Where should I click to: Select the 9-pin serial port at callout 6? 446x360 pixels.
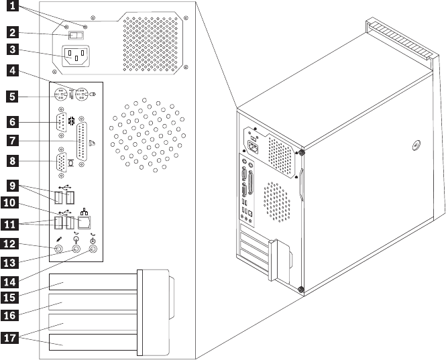tap(61, 123)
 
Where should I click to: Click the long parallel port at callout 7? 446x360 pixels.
tap(84, 141)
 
